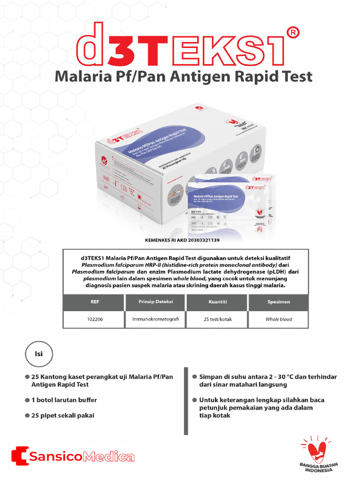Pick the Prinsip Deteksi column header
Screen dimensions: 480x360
(x=155, y=302)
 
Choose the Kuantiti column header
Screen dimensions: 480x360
(x=217, y=302)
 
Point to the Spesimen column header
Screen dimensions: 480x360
(x=278, y=302)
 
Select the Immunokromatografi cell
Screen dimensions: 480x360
(x=155, y=319)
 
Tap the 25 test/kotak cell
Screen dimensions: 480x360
(x=217, y=319)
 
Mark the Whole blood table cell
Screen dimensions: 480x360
(x=278, y=319)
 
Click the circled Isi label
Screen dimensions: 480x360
(x=39, y=354)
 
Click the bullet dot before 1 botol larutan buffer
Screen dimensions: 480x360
(x=27, y=400)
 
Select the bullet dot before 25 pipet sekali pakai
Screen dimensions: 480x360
(x=27, y=416)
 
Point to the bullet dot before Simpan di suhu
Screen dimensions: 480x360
(x=195, y=377)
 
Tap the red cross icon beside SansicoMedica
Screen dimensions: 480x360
(x=19, y=456)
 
